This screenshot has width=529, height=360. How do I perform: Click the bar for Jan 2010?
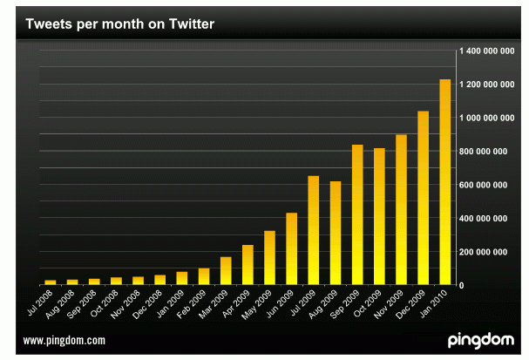click(444, 182)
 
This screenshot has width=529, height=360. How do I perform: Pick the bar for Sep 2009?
click(357, 214)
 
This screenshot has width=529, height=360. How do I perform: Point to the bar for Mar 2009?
click(226, 271)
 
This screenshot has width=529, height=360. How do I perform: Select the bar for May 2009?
click(269, 258)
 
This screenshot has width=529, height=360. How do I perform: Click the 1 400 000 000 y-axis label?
click(484, 51)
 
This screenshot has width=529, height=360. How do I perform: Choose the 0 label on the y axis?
click(462, 285)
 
